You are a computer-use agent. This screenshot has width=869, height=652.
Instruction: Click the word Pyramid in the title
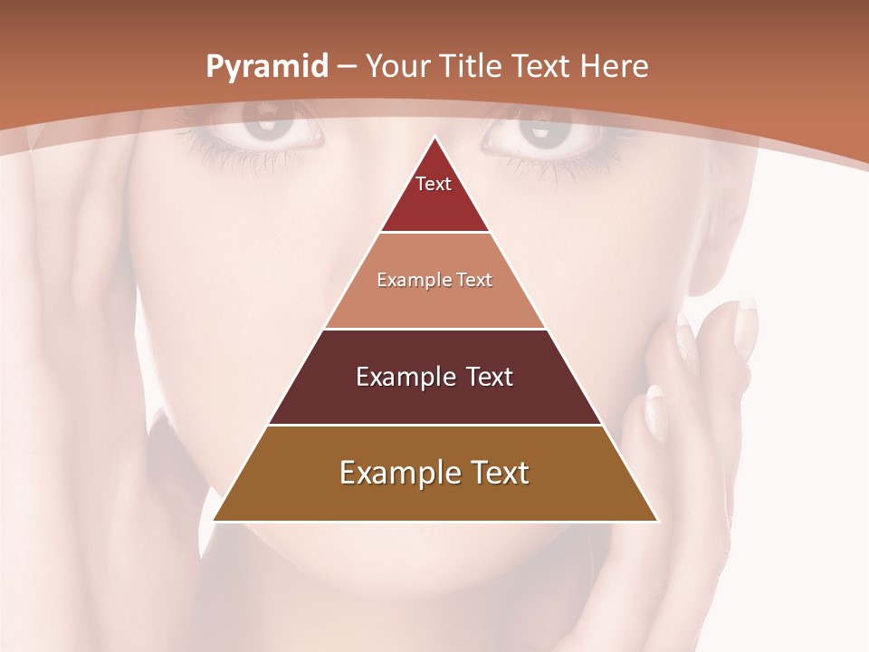[x=266, y=67]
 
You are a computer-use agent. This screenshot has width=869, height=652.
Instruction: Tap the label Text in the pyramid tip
[x=434, y=184]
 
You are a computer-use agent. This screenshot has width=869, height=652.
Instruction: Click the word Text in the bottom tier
[x=498, y=473]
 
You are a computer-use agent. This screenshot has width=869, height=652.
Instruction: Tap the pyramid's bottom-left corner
[x=215, y=520]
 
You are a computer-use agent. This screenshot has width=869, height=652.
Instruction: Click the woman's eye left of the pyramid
[x=272, y=129]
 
